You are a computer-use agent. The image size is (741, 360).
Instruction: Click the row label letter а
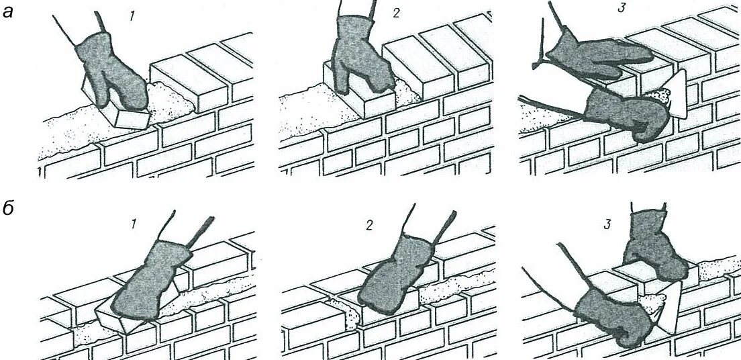[x=9, y=12]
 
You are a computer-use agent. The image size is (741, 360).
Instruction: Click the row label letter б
[x=9, y=209]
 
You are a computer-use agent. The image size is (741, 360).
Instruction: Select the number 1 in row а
[x=133, y=15]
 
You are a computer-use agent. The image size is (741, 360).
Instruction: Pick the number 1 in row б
[x=133, y=224]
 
